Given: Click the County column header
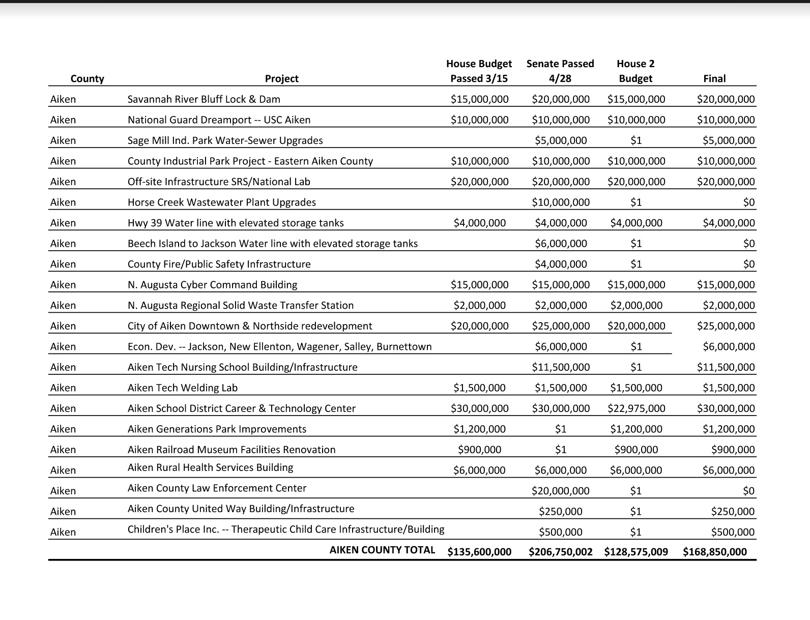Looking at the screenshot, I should click(x=87, y=78).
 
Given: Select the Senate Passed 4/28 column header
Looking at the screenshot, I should click(x=560, y=71).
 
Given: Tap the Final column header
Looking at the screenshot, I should click(x=714, y=78).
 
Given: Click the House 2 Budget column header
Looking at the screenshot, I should click(x=635, y=71).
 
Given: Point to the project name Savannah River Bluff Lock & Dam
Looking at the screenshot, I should click(x=204, y=99).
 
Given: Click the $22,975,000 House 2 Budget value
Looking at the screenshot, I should click(x=636, y=408).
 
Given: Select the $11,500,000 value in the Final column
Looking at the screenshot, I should click(x=726, y=367).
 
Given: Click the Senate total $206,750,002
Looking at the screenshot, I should click(x=560, y=552).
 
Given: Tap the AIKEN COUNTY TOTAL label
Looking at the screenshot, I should click(x=382, y=550).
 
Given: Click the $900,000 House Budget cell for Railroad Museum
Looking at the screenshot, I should click(x=479, y=450).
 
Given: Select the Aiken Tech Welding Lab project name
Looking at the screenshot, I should click(x=182, y=388).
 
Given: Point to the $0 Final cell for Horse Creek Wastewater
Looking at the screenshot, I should click(x=748, y=202).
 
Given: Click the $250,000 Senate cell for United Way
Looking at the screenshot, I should click(x=560, y=512).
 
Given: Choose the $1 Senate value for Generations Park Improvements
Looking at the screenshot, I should click(x=560, y=429).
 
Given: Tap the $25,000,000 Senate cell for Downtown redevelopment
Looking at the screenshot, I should click(x=561, y=326).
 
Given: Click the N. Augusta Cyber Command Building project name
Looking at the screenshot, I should click(x=212, y=285).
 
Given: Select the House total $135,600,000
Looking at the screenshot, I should click(x=479, y=552).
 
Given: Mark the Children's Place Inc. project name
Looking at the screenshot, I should click(x=285, y=529).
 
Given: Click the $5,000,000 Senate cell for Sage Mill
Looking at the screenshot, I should click(x=561, y=140).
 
